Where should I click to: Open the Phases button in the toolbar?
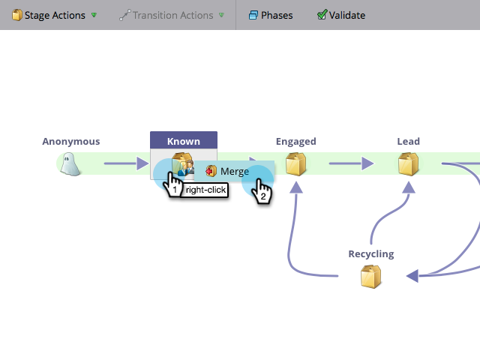point(271,15)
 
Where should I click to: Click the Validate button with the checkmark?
point(341,15)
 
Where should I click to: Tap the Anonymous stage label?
point(70,141)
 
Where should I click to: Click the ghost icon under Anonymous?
point(70,163)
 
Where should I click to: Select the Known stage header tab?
point(184,141)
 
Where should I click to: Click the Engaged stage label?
point(296,141)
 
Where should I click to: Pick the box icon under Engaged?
point(296,163)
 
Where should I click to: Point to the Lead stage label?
point(408,141)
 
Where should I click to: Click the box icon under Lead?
point(408,163)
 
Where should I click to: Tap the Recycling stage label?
point(371,254)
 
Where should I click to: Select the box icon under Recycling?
point(371,277)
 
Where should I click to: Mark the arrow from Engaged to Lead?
point(351,163)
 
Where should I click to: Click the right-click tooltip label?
point(205,190)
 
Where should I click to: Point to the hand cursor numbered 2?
point(262,192)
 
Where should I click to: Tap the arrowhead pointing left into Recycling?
point(412,277)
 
